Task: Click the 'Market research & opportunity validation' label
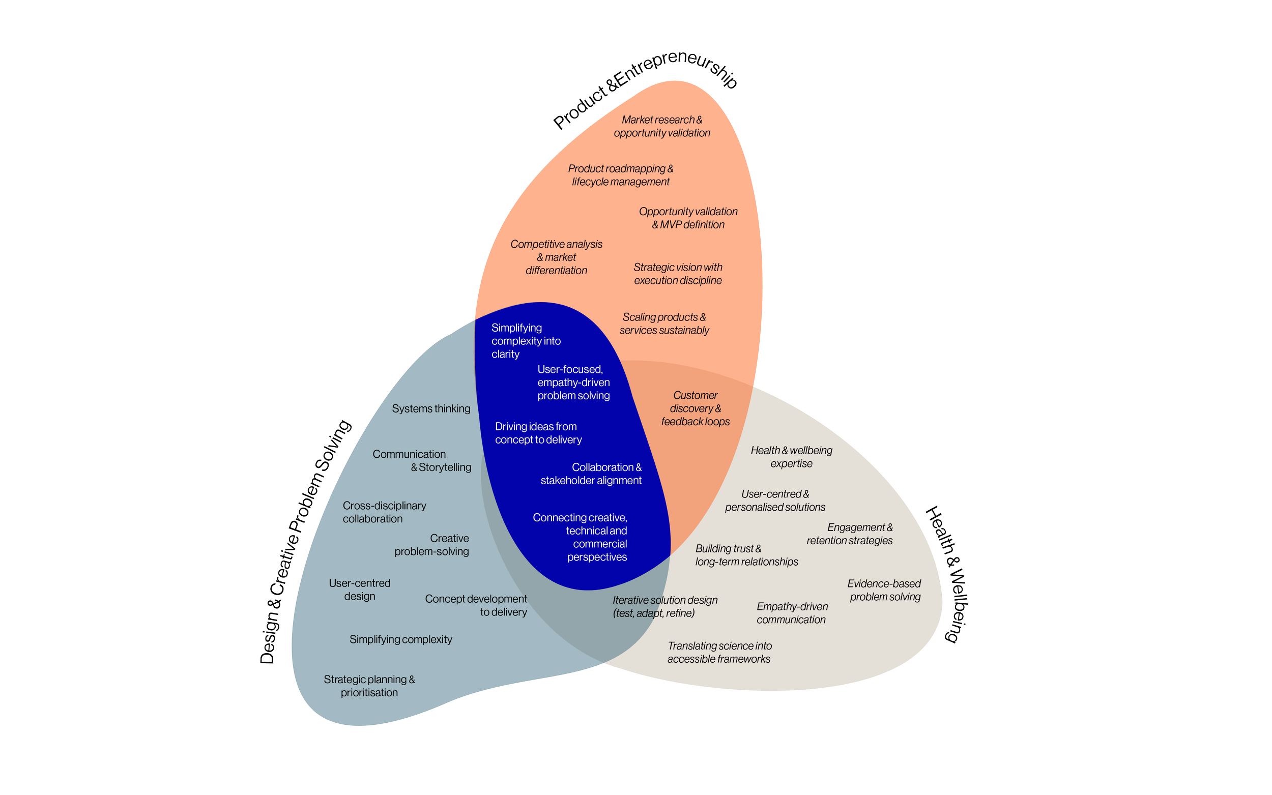(661, 126)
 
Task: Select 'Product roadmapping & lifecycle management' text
(621, 175)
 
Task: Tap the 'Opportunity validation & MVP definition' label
(688, 218)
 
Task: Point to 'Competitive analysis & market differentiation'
(556, 257)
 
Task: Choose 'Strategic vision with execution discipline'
(678, 274)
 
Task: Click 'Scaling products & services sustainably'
(664, 323)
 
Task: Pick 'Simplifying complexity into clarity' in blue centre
(525, 341)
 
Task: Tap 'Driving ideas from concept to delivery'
(538, 433)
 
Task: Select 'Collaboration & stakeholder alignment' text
(591, 474)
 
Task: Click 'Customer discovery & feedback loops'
(695, 408)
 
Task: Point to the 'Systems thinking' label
(430, 408)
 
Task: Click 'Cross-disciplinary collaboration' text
(384, 512)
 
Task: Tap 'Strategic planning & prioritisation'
(369, 686)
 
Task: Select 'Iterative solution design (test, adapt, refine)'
(664, 606)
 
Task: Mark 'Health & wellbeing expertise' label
(791, 456)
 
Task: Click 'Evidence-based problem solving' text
(884, 590)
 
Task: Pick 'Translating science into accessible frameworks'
(719, 652)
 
